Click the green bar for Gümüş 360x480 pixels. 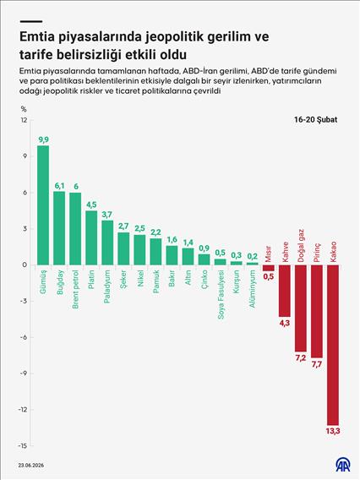pyautogui.click(x=43, y=205)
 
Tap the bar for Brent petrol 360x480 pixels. pyautogui.click(x=75, y=228)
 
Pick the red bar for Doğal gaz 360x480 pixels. pyautogui.click(x=301, y=308)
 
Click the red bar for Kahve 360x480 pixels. pyautogui.click(x=285, y=290)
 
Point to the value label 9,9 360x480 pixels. pyautogui.click(x=43, y=139)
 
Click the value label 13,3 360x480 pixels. pyautogui.click(x=333, y=432)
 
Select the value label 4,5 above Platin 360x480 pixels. pyautogui.click(x=91, y=204)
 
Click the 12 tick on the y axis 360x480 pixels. pyautogui.click(x=25, y=121)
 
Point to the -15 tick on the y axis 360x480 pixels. pyautogui.click(x=24, y=445)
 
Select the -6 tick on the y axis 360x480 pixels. pyautogui.click(x=25, y=336)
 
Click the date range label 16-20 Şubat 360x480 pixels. pyautogui.click(x=317, y=121)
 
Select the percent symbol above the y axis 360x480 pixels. pyautogui.click(x=24, y=108)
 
